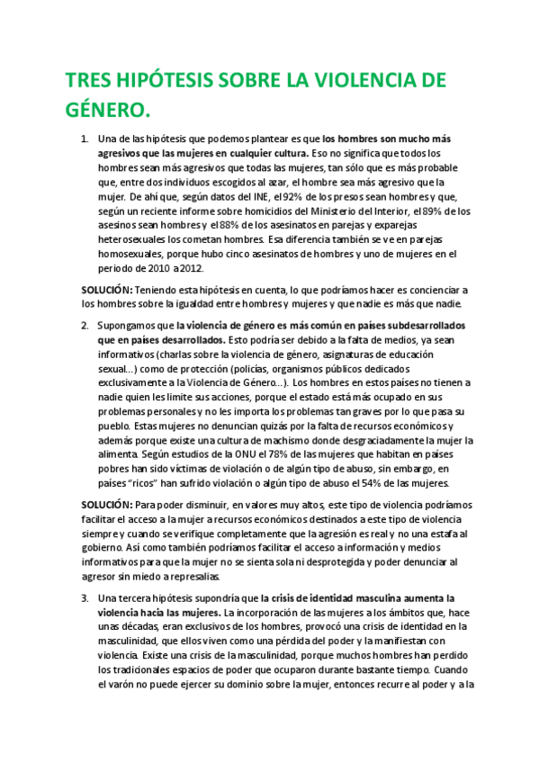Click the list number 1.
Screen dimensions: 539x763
click(x=84, y=139)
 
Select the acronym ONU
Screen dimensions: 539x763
click(x=217, y=454)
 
